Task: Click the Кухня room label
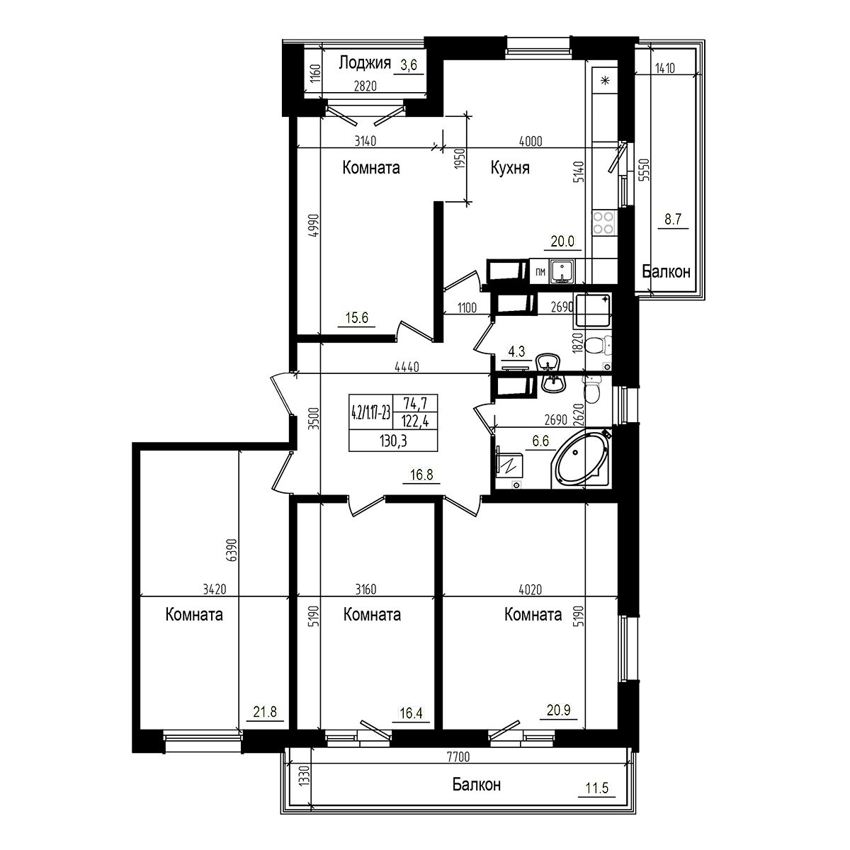(510, 168)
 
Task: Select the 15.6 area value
(356, 319)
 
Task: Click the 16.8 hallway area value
(421, 475)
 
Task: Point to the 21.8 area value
(265, 713)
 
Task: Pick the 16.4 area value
(411, 713)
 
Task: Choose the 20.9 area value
(558, 710)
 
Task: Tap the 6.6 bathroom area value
(540, 441)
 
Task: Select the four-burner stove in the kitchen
(603, 223)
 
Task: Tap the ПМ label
(540, 271)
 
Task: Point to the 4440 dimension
(407, 367)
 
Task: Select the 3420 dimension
(215, 589)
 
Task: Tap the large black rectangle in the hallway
(393, 423)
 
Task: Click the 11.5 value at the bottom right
(596, 787)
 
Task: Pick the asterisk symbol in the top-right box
(605, 80)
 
